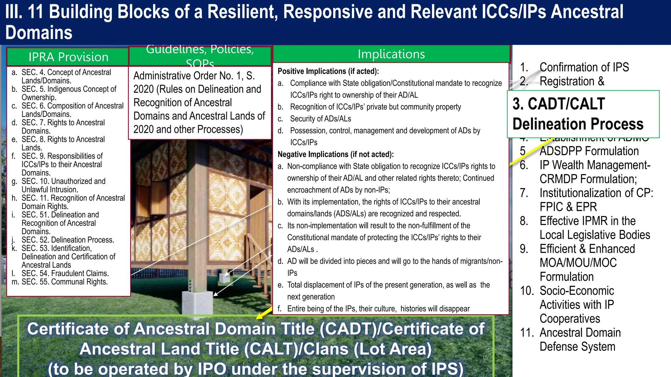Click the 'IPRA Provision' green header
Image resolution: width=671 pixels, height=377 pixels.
(68, 57)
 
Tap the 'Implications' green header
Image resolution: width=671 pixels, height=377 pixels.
(391, 54)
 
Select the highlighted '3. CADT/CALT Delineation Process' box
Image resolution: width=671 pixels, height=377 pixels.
(583, 114)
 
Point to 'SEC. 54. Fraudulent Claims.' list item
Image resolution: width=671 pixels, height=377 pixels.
(65, 273)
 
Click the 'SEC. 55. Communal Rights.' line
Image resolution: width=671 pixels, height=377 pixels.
(65, 282)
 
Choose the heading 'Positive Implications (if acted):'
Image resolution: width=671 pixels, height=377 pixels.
(328, 71)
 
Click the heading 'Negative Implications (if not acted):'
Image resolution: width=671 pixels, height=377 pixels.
(335, 154)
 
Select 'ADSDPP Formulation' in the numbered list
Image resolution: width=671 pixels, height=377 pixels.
(589, 151)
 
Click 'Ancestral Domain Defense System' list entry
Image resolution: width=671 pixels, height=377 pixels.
(580, 339)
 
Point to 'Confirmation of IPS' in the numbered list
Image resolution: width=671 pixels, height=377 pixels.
(584, 67)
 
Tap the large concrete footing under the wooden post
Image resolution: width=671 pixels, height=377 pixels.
(198, 302)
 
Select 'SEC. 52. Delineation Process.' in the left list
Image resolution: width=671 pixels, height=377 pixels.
(68, 240)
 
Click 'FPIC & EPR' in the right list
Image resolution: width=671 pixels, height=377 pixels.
(568, 207)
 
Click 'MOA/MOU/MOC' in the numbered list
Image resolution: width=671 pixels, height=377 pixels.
(578, 263)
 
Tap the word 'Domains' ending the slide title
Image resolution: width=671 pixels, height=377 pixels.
(39, 33)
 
